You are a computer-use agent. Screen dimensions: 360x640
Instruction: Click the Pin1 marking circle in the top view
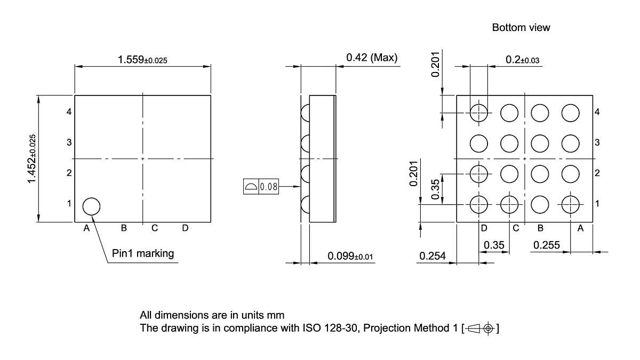click(x=91, y=206)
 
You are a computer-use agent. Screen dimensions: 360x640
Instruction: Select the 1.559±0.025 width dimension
click(x=142, y=60)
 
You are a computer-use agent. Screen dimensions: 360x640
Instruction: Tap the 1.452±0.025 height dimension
click(x=33, y=159)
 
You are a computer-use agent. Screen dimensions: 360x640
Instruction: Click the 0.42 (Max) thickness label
click(x=372, y=58)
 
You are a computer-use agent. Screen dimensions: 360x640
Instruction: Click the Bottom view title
click(x=521, y=27)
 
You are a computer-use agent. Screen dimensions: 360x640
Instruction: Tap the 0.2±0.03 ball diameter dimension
click(x=522, y=60)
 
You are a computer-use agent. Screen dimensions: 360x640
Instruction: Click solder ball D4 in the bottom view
click(x=479, y=113)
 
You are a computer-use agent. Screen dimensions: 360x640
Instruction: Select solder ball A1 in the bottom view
click(x=571, y=204)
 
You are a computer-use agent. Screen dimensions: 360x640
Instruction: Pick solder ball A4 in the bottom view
click(x=571, y=113)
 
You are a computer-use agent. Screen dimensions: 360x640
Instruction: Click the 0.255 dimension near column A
click(x=546, y=245)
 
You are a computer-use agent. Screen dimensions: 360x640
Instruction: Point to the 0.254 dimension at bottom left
click(x=433, y=257)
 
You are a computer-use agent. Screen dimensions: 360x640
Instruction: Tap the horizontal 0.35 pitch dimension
click(x=494, y=245)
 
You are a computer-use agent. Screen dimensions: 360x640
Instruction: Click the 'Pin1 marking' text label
click(x=143, y=253)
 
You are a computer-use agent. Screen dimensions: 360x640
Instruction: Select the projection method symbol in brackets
click(x=482, y=328)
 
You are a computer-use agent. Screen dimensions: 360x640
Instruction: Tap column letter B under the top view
click(x=124, y=228)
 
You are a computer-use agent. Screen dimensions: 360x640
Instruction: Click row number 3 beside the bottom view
click(x=597, y=142)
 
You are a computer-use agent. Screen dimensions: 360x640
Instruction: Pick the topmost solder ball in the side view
click(x=305, y=113)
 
